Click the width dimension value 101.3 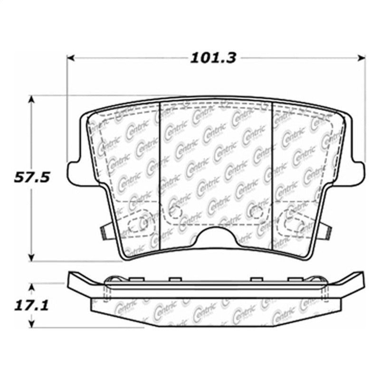(x=213, y=58)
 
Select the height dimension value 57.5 (x=32, y=178)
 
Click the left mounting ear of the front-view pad (x=74, y=171)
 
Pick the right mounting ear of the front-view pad (x=359, y=171)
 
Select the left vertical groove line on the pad (x=160, y=176)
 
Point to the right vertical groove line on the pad (x=272, y=176)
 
